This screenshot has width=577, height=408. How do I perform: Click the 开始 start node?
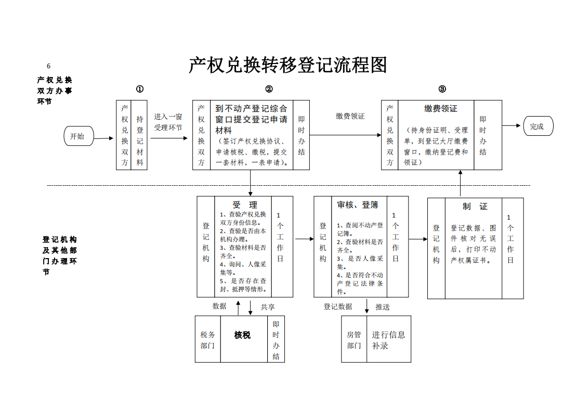[78, 136]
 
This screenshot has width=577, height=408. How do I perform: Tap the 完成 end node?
[538, 126]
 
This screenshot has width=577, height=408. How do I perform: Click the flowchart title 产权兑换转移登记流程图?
[288, 65]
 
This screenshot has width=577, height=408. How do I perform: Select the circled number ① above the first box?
[140, 89]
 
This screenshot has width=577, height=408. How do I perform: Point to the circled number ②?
[269, 89]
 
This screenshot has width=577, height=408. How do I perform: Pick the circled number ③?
[442, 89]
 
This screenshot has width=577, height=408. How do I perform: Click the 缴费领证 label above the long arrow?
[350, 116]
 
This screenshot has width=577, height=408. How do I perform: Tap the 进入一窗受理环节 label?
[168, 122]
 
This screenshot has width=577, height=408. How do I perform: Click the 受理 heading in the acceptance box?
[245, 205]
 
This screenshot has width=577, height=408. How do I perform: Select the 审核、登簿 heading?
[358, 205]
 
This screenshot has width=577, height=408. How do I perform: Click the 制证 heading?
[475, 207]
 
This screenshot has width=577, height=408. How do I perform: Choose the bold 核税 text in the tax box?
[242, 335]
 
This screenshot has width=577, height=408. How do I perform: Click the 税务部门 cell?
[207, 339]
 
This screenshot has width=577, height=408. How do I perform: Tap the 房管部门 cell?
[354, 339]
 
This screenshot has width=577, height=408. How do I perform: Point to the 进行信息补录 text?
[388, 340]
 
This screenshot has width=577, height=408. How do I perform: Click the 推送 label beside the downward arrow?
[383, 307]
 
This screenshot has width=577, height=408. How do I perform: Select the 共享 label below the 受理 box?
[268, 307]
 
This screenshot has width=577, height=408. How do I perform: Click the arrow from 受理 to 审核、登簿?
[304, 239]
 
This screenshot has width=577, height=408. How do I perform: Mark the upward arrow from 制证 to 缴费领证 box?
[461, 183]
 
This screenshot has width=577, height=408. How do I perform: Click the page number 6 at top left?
[48, 66]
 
